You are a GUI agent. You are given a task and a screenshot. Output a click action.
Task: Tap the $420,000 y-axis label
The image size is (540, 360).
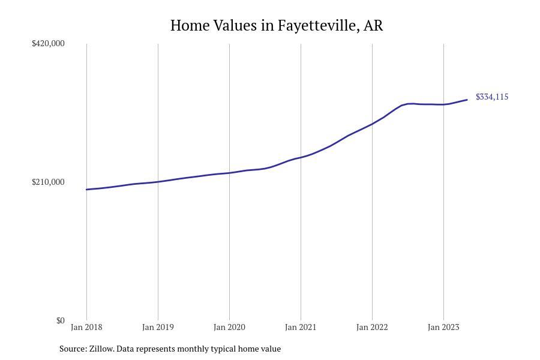click(x=48, y=43)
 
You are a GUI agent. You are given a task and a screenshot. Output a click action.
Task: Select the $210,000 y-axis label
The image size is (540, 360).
click(x=48, y=182)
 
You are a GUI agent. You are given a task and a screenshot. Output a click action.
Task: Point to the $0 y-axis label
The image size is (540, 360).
click(x=60, y=320)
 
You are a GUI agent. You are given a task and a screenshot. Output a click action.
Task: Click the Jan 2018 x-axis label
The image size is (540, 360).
click(x=86, y=328)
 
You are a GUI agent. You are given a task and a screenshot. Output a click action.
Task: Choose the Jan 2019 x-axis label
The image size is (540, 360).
click(x=158, y=328)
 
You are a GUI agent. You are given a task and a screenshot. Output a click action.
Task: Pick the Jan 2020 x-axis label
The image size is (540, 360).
click(x=229, y=328)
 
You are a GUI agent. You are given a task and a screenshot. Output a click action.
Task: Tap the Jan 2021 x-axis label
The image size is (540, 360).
click(x=301, y=328)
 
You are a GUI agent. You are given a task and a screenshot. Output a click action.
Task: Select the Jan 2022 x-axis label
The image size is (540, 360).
click(x=372, y=328)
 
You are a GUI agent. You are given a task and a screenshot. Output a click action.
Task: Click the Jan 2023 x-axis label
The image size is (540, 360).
click(x=443, y=328)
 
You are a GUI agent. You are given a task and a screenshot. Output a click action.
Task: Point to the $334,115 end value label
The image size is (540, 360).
click(x=492, y=97)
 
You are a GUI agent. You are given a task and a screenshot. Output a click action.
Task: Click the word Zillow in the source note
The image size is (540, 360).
click(x=101, y=349)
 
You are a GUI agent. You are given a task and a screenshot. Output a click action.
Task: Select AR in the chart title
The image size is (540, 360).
click(x=373, y=26)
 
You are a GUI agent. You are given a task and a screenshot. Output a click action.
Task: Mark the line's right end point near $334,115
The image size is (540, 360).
click(x=467, y=100)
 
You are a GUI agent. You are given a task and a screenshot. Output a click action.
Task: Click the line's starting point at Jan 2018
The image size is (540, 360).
click(x=86, y=190)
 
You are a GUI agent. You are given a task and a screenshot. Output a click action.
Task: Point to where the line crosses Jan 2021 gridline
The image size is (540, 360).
click(x=301, y=157)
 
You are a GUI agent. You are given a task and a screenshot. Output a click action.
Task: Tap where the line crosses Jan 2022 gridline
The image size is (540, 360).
click(x=372, y=124)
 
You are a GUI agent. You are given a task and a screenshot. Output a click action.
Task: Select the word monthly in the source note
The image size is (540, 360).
click(x=193, y=349)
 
